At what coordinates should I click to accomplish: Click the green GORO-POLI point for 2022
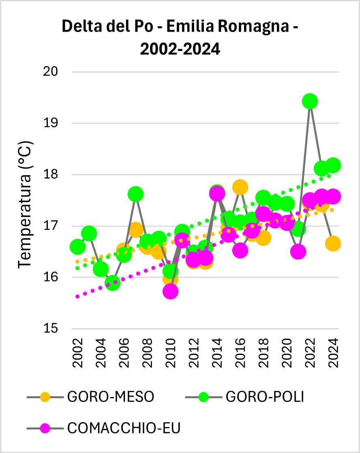pyautogui.click(x=310, y=101)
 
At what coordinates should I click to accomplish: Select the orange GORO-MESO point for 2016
pyautogui.click(x=240, y=187)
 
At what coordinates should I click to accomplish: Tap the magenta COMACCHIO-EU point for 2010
pyautogui.click(x=171, y=291)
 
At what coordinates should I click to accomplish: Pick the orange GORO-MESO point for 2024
pyautogui.click(x=333, y=244)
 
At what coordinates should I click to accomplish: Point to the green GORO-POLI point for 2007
pyautogui.click(x=135, y=195)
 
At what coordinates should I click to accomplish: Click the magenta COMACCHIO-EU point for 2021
pyautogui.click(x=298, y=252)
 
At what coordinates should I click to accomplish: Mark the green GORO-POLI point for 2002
pyautogui.click(x=77, y=247)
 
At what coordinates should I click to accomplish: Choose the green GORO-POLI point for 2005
pyautogui.click(x=112, y=283)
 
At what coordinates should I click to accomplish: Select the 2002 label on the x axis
pyautogui.click(x=77, y=349)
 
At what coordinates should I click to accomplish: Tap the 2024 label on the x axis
pyautogui.click(x=333, y=349)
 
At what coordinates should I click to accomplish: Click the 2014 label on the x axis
pyautogui.click(x=217, y=349)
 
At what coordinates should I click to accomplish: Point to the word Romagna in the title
pyautogui.click(x=247, y=28)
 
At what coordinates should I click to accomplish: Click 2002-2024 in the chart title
pyautogui.click(x=180, y=49)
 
